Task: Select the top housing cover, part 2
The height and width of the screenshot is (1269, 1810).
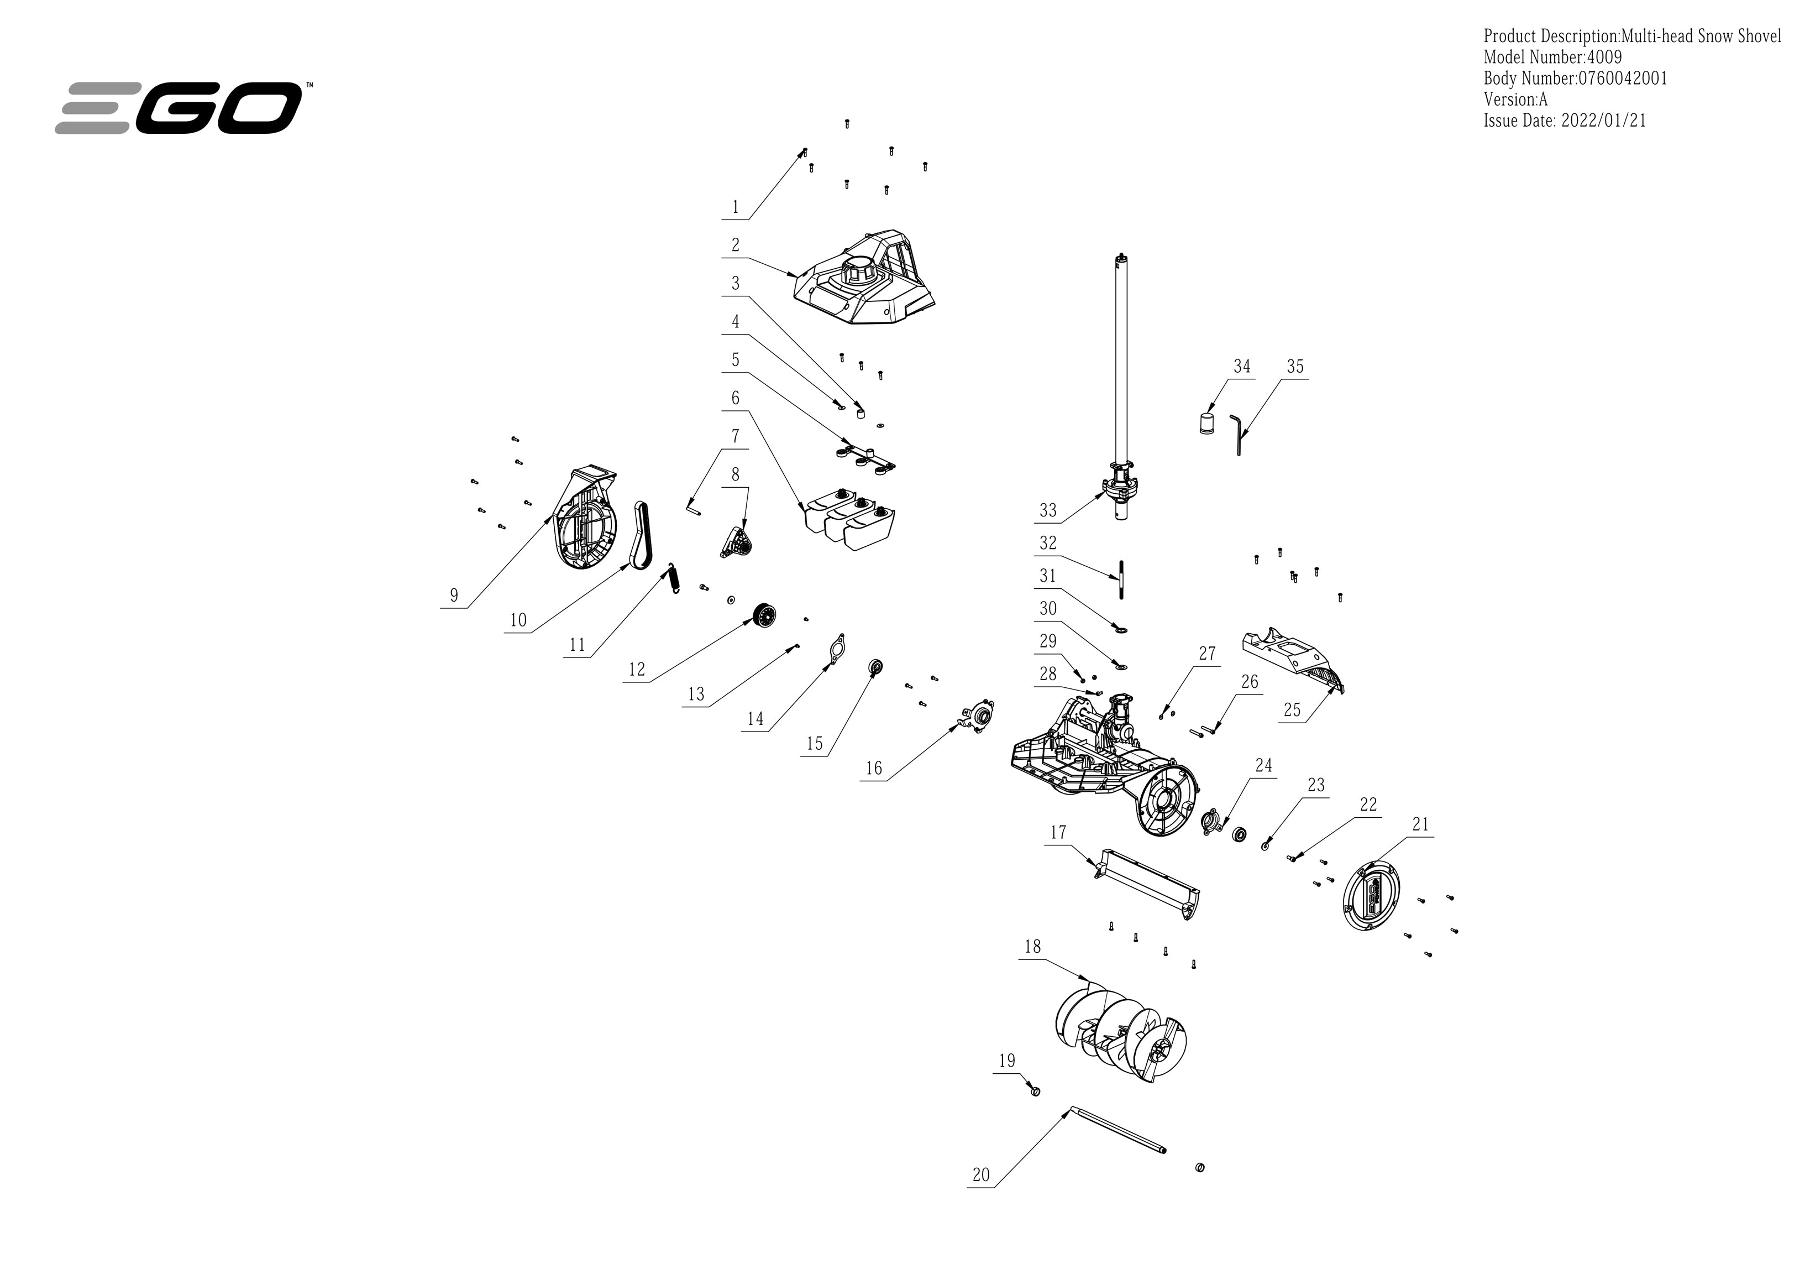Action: [863, 280]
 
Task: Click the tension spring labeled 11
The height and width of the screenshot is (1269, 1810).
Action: [674, 578]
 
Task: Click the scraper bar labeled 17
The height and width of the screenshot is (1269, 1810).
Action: [1147, 884]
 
